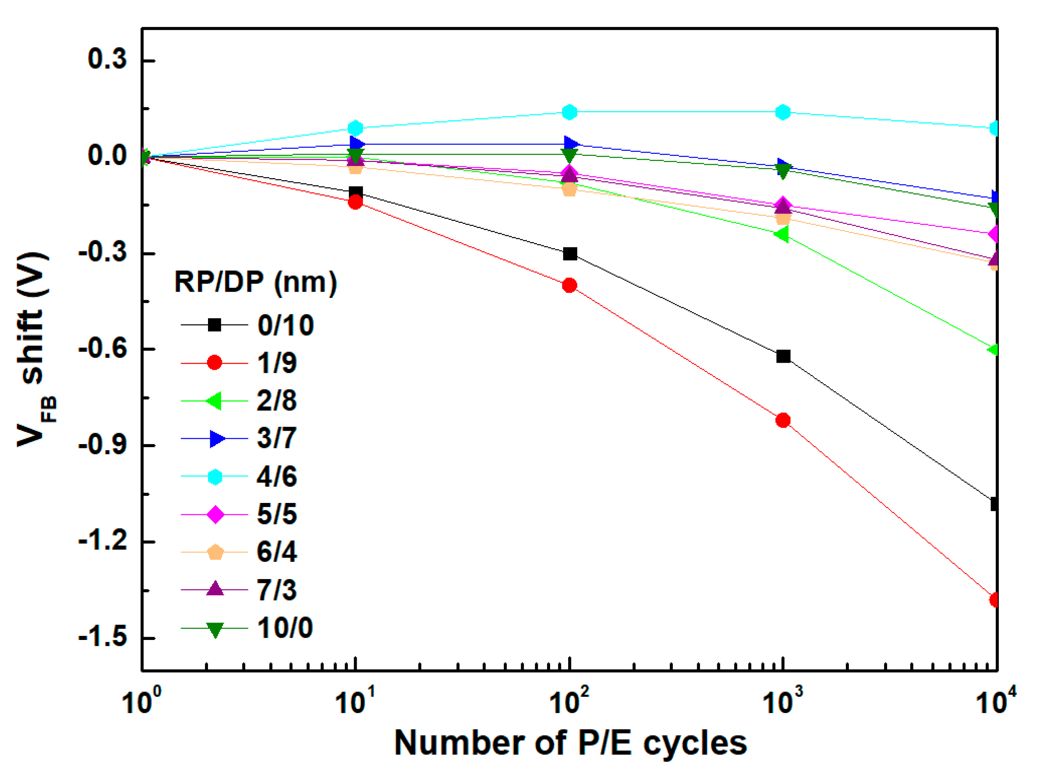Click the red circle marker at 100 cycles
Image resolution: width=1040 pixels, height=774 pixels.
[x=569, y=285]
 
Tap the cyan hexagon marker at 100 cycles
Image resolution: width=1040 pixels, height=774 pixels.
[x=569, y=112]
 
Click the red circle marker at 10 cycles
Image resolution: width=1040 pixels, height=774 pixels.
[x=355, y=203]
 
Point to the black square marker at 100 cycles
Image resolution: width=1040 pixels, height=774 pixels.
[x=570, y=254]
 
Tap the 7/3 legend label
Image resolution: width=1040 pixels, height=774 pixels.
[x=276, y=590]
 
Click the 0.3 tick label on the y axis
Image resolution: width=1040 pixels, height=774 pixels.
[x=107, y=60]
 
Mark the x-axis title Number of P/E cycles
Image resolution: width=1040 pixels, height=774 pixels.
[x=570, y=743]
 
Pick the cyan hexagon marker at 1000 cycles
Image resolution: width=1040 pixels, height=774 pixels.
[x=783, y=112]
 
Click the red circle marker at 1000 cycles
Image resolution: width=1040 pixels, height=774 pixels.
[x=783, y=420]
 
